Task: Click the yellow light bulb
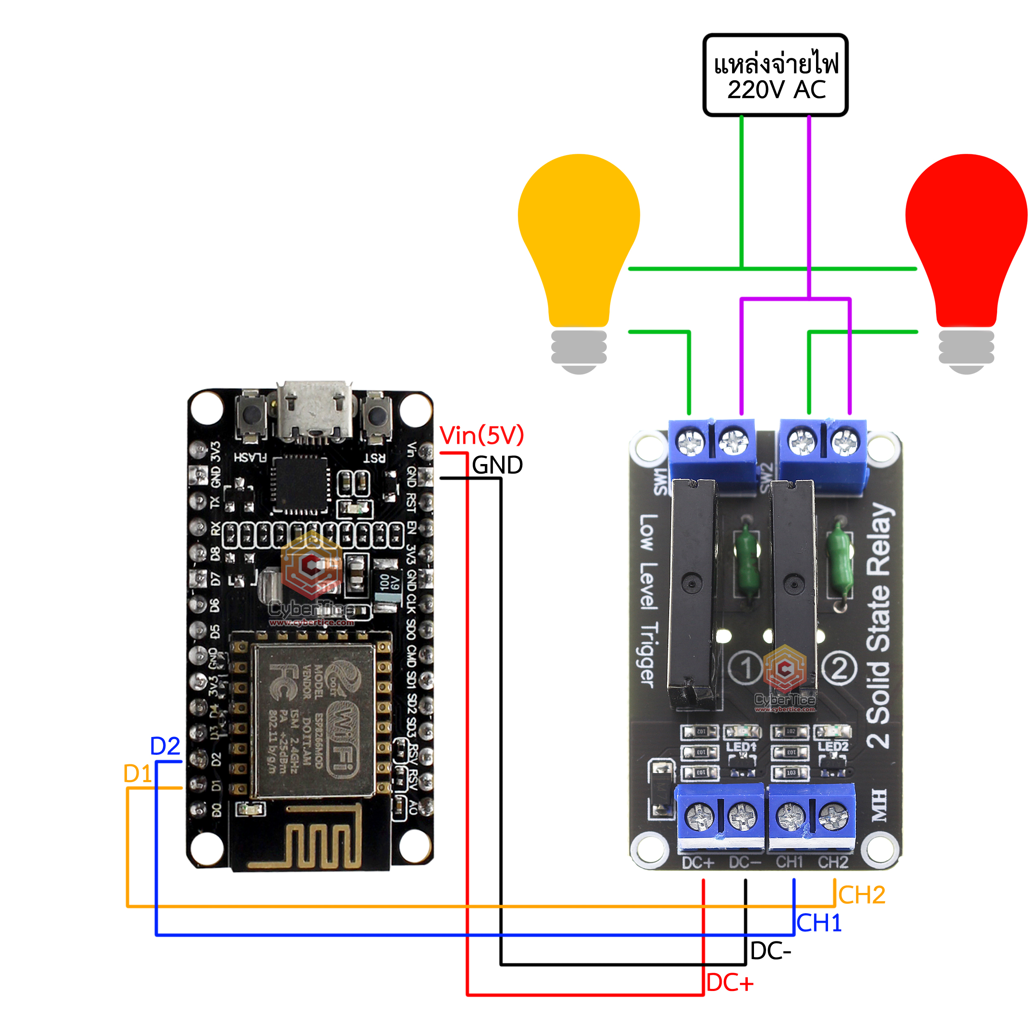click(579, 241)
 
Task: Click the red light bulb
click(966, 241)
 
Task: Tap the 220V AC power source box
click(775, 75)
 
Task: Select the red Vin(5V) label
click(481, 436)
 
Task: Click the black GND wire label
click(497, 465)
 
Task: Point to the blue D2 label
click(165, 746)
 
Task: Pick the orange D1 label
click(138, 774)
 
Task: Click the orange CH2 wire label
click(862, 895)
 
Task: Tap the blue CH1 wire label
click(819, 923)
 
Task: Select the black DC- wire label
click(770, 951)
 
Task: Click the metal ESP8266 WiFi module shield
click(314, 720)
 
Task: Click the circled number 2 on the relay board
click(839, 668)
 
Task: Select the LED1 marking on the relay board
click(741, 747)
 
